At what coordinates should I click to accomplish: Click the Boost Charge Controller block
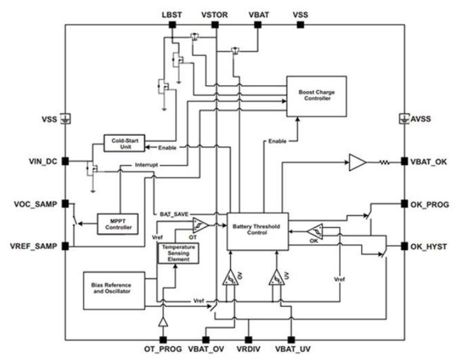point(316,96)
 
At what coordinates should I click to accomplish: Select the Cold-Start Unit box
point(124,143)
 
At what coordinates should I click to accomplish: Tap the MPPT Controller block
point(117,224)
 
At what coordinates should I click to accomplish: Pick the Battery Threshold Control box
point(258,231)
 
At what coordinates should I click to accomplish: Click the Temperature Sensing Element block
point(179,253)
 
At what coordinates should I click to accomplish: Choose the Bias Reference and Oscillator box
point(114,291)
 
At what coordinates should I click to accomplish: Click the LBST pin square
point(172,25)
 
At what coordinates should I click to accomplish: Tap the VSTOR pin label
point(215,15)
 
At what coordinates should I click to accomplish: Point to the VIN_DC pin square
point(65,161)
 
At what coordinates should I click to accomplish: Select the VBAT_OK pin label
point(429,162)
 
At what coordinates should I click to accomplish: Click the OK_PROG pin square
point(405,204)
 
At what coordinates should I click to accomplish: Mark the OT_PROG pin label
point(163,349)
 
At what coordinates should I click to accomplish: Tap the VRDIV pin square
point(249,340)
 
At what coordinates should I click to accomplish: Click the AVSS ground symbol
point(404,119)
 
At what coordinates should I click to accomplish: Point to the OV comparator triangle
point(230,277)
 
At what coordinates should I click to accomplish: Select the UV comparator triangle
point(276,277)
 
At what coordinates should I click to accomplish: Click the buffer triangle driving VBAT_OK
point(357,162)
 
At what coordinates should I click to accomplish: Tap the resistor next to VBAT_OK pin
point(384,162)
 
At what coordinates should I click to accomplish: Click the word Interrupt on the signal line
point(146,165)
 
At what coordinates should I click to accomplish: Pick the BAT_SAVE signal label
point(174,214)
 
